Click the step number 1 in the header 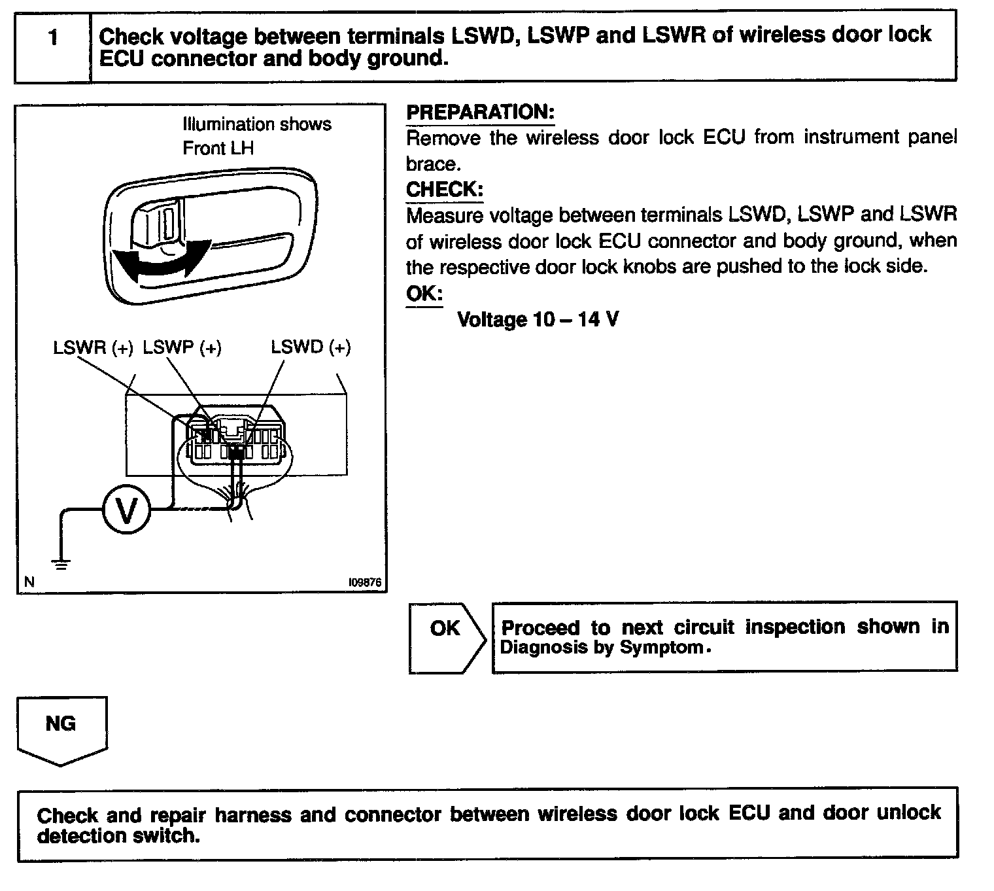point(53,38)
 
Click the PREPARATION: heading point(480,112)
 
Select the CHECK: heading point(445,190)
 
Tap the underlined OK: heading point(424,294)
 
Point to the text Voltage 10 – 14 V point(538,320)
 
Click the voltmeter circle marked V point(126,510)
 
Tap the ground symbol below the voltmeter point(61,564)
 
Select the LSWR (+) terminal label point(93,347)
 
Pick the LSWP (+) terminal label point(182,347)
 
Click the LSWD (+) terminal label point(311,347)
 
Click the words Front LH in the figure point(218,148)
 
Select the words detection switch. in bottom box point(118,835)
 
